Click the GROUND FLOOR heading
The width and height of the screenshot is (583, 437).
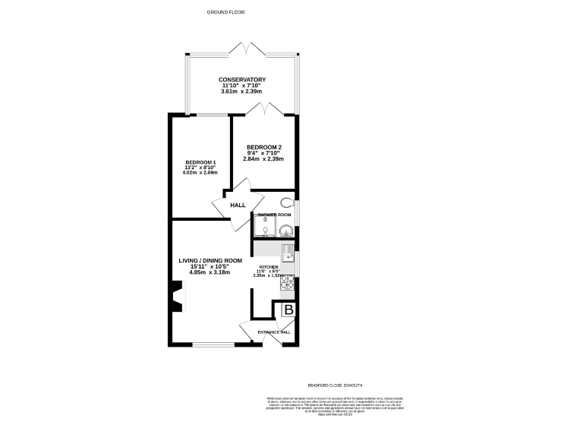[226, 11]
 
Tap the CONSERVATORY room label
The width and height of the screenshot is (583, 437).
[241, 80]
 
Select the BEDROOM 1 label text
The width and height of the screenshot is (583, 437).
[201, 162]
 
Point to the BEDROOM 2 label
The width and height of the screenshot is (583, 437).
[263, 147]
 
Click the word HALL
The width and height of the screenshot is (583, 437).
[238, 205]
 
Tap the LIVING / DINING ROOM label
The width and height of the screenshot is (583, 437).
[210, 260]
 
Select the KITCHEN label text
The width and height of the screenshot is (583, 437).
[269, 268]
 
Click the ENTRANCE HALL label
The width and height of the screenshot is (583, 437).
[274, 332]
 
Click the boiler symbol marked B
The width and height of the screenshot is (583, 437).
[288, 310]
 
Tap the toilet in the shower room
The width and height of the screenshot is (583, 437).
[286, 203]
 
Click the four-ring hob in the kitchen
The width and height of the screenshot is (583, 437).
[288, 282]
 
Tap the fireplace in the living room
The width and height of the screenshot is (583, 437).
[176, 296]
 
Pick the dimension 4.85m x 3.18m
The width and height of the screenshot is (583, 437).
[210, 272]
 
